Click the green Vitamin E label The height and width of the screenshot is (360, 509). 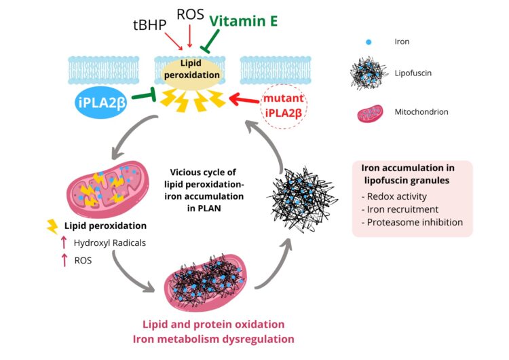tap(244, 21)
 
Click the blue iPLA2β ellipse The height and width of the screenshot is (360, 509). tap(102, 103)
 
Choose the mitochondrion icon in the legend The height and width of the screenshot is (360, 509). tap(369, 112)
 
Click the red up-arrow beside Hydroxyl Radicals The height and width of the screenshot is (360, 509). tap(64, 242)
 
